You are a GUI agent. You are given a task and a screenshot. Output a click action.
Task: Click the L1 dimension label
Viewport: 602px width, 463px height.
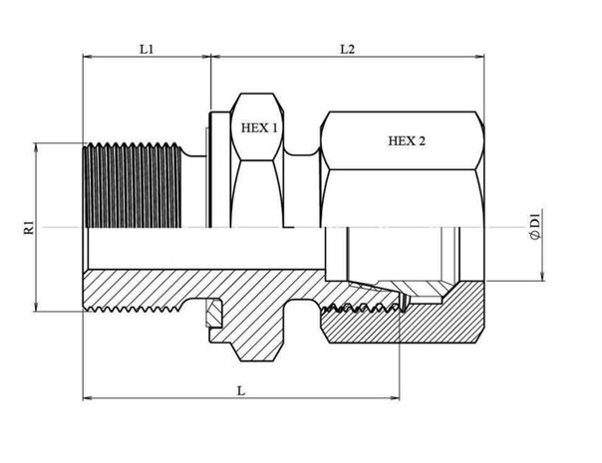(146, 48)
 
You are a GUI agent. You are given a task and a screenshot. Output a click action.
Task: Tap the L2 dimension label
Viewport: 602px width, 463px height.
(346, 48)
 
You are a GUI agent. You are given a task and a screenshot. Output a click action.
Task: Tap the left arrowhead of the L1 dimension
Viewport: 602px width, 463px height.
(85, 59)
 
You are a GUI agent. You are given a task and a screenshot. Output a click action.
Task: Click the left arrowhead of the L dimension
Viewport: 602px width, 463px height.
(85, 400)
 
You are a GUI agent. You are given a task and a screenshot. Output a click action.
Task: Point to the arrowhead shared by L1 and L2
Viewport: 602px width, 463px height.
(211, 59)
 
